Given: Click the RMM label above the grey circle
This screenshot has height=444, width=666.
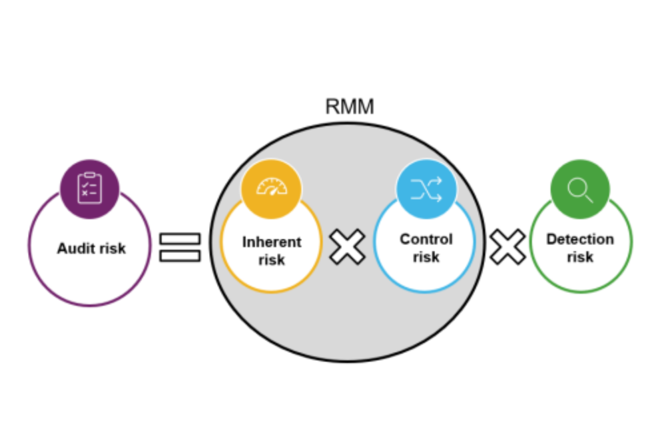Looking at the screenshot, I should pyautogui.click(x=350, y=106).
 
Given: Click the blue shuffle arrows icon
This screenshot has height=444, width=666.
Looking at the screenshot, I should pyautogui.click(x=426, y=189).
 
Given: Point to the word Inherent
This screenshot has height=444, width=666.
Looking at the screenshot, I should pyautogui.click(x=272, y=242).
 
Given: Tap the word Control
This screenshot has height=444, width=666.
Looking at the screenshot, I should pyautogui.click(x=426, y=239).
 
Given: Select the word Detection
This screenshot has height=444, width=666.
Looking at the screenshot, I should pyautogui.click(x=580, y=240).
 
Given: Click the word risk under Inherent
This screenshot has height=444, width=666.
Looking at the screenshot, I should pyautogui.click(x=272, y=259).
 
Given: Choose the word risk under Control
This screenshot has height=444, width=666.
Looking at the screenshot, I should pyautogui.click(x=426, y=256).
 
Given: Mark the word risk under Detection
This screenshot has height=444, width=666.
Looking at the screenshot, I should pyautogui.click(x=580, y=257).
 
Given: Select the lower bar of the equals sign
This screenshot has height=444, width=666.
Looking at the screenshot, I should pyautogui.click(x=180, y=255).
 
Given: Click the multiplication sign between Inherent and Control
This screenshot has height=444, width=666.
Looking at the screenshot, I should pyautogui.click(x=348, y=247).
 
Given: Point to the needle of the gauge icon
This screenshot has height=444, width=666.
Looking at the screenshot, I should pyautogui.click(x=272, y=190).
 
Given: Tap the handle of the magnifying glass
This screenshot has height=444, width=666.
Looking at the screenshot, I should pyautogui.click(x=588, y=197).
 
